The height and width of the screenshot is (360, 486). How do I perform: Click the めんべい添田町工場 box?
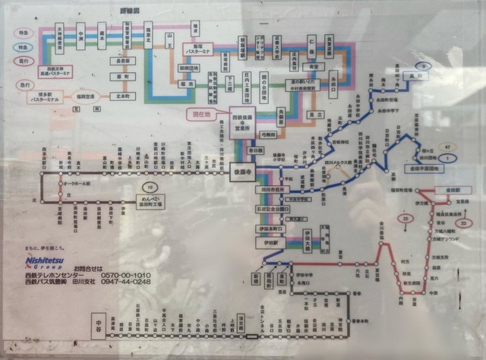[x=152, y=202]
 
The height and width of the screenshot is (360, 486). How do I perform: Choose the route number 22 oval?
[x=406, y=219]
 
